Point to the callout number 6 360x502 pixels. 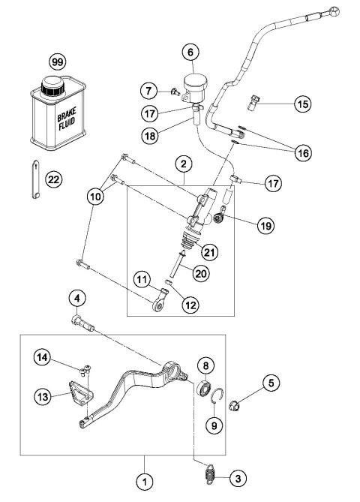tap(190, 53)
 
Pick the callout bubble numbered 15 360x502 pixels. tap(302, 104)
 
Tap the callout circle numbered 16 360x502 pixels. tap(302, 152)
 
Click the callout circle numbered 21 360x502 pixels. tap(210, 252)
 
